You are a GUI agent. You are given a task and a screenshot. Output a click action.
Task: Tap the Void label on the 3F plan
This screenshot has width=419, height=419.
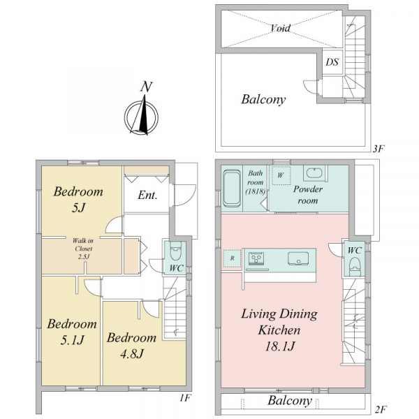pos(281,28)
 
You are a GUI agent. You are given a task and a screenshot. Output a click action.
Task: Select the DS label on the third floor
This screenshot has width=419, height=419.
pos(332,62)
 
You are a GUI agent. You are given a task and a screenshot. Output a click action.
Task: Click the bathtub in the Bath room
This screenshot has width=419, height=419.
pos(231,189)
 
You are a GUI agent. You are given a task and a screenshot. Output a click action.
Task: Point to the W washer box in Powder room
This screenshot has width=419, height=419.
pos(281,175)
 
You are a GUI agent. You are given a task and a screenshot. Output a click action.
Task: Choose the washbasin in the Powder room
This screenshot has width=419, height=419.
pos(315,173)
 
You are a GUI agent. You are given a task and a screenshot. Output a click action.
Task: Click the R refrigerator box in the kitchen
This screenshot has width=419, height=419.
pos(232,258)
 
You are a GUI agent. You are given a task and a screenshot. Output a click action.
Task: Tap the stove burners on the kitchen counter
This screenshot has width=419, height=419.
pos(256,258)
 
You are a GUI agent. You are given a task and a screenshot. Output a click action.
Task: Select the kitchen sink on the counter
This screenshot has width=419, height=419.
pos(298,258)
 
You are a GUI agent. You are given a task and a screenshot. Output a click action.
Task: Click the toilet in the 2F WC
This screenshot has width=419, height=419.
pos(355,267)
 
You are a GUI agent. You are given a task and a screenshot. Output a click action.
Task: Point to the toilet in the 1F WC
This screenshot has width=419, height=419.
pos(175,251)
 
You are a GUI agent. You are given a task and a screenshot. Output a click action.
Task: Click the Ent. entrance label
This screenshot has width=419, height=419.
pos(147,196)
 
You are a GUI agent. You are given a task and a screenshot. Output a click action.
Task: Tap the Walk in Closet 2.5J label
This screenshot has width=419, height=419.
pos(83,249)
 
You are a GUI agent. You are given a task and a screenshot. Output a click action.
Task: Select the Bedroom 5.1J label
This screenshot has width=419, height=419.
pos(72,332)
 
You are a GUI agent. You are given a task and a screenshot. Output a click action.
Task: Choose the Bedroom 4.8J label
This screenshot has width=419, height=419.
pos(132,346)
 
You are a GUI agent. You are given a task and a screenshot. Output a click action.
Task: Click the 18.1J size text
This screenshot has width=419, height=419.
pos(280,346)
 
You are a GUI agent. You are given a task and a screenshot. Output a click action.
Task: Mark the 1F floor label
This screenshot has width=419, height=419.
pos(185,398)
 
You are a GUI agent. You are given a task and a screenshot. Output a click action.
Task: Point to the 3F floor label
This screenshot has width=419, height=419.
pos(378,149)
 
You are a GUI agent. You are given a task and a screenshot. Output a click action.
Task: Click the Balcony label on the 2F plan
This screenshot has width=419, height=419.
pos(290,401)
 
